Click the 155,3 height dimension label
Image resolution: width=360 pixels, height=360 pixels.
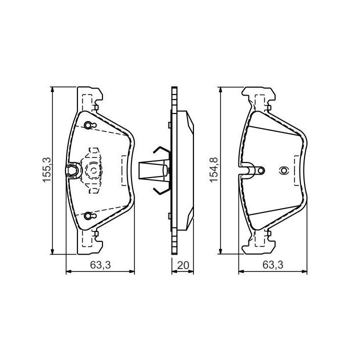click(47, 170)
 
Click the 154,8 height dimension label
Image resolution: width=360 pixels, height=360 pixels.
click(214, 170)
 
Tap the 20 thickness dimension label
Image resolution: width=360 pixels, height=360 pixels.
click(183, 265)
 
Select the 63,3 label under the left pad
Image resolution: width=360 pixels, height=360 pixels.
click(100, 265)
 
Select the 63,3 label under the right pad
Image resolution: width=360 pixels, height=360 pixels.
click(273, 265)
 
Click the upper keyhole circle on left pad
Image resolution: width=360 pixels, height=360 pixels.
click(88, 125)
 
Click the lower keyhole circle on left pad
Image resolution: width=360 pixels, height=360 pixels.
click(88, 215)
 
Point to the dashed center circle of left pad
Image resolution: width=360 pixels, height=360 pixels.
click(94, 170)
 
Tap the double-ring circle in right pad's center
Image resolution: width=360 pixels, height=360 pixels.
click(283, 171)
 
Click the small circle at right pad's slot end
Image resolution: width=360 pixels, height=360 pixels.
click(261, 170)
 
